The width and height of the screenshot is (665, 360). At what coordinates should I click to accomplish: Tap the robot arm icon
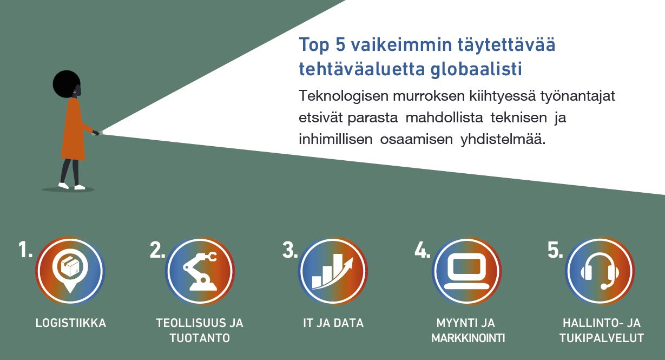(x=200, y=271)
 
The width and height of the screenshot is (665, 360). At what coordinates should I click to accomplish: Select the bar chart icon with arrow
(x=332, y=271)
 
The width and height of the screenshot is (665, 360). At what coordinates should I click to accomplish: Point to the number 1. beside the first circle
(x=25, y=250)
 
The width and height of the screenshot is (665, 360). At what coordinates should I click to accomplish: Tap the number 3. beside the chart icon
(x=289, y=250)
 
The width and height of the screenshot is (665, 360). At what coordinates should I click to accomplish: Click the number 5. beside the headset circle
(x=555, y=250)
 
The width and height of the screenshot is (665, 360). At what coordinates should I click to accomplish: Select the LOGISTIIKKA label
(x=71, y=323)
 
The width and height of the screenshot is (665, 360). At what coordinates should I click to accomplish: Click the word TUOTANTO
(x=200, y=338)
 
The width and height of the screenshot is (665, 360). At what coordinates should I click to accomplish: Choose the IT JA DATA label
(x=333, y=323)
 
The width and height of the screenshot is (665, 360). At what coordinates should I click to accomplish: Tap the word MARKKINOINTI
(x=468, y=338)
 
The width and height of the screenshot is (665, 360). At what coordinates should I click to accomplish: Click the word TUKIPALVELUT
(x=602, y=338)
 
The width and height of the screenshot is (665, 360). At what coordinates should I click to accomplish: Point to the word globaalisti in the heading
(x=476, y=69)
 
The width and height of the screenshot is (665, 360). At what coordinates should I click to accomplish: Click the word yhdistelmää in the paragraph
(x=503, y=139)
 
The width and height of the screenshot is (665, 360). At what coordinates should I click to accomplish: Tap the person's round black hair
(x=66, y=83)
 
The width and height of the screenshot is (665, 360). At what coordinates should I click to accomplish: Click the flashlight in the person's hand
(x=97, y=133)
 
